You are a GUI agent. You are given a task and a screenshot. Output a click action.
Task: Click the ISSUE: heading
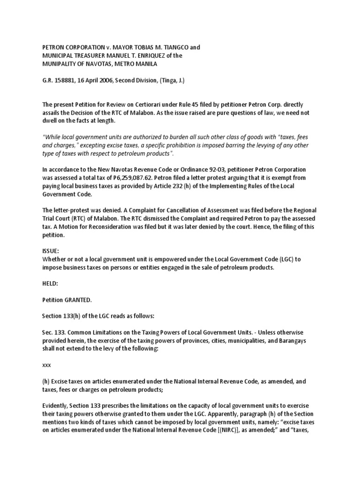pyautogui.click(x=51, y=251)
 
